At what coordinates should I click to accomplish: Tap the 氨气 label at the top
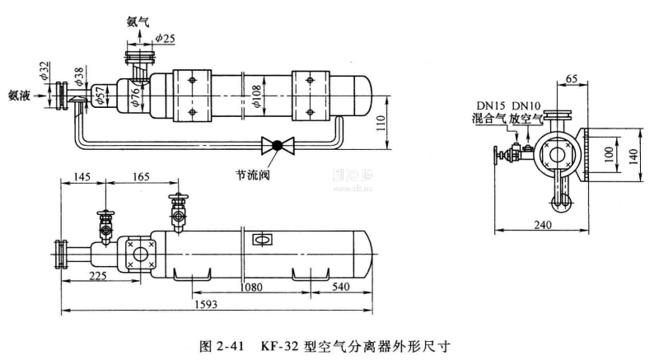(138, 23)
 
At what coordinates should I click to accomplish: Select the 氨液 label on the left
(19, 93)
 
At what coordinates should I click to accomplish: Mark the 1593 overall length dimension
(215, 303)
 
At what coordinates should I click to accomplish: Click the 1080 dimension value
(252, 288)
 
